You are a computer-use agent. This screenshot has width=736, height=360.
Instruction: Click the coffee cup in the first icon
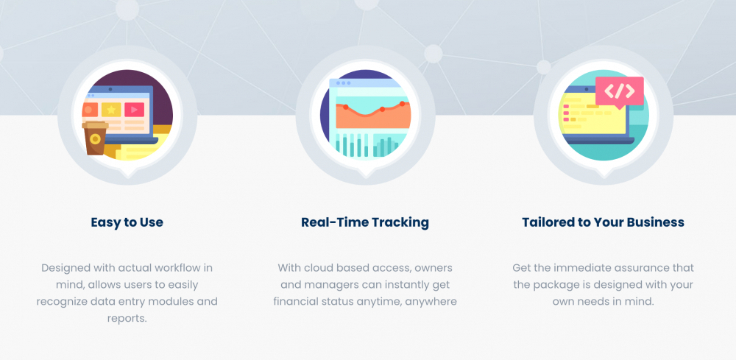click(95, 138)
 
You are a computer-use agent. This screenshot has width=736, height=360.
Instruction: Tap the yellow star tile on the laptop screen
click(111, 110)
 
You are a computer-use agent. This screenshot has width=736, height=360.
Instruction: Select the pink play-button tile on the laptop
click(134, 110)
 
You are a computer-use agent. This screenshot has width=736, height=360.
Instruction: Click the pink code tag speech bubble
click(620, 92)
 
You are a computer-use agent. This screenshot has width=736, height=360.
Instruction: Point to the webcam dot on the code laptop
click(587, 88)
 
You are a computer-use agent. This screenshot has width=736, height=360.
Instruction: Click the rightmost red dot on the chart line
click(403, 104)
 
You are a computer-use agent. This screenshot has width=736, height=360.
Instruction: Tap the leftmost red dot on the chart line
click(345, 107)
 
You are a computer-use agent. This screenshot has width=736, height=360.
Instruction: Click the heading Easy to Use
click(127, 222)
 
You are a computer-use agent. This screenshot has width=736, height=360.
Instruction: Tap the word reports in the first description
click(126, 318)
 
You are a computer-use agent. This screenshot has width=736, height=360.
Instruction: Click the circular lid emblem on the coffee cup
click(95, 139)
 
